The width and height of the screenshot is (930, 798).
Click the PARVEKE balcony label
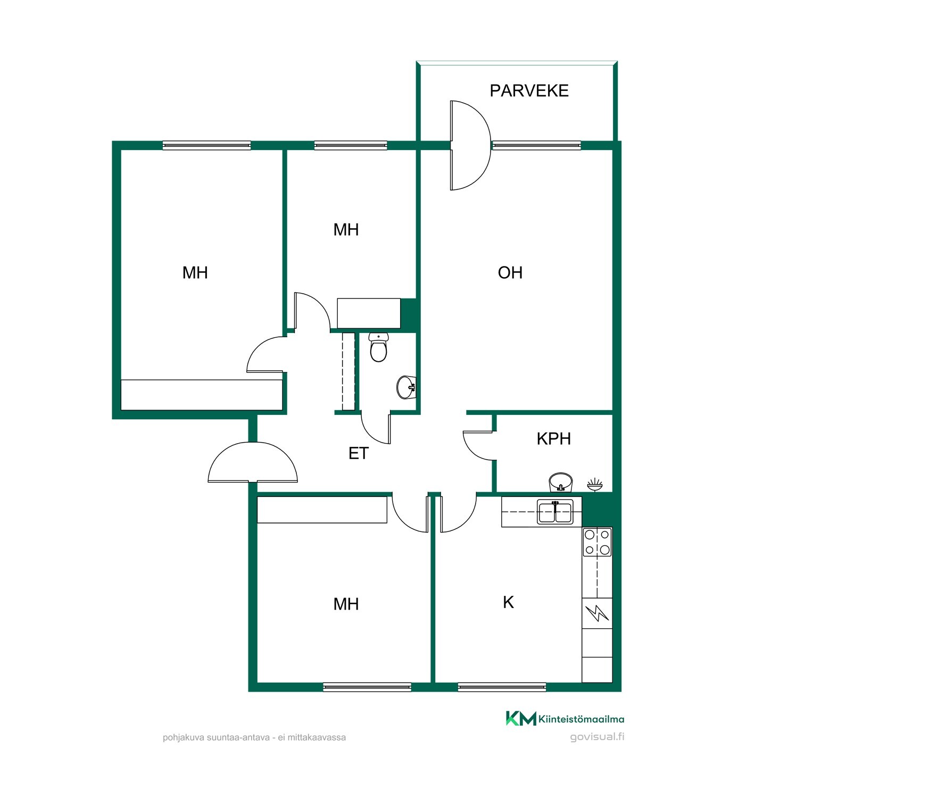tap(529, 91)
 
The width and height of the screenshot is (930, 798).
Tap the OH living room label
tap(510, 273)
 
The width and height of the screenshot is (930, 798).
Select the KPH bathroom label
tap(553, 439)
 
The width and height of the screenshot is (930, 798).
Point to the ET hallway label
tap(358, 453)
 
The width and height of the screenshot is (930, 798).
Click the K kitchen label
tap(508, 602)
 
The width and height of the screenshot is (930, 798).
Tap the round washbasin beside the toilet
tap(406, 387)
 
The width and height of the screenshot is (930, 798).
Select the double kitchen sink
tap(555, 512)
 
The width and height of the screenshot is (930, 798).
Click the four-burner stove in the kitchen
tap(597, 542)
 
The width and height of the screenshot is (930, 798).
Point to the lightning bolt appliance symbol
tap(597, 613)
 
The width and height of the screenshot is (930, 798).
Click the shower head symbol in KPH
tap(595, 484)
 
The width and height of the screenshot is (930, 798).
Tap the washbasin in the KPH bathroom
tap(560, 482)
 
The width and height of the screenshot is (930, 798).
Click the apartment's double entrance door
tap(253, 463)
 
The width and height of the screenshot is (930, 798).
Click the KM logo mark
tap(521, 718)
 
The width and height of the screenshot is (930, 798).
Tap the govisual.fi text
tap(597, 737)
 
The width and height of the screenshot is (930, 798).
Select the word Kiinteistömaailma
tap(582, 719)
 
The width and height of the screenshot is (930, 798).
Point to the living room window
tap(536, 145)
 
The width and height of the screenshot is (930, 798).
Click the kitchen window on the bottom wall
tap(502, 687)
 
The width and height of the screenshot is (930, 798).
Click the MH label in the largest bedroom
tap(195, 273)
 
